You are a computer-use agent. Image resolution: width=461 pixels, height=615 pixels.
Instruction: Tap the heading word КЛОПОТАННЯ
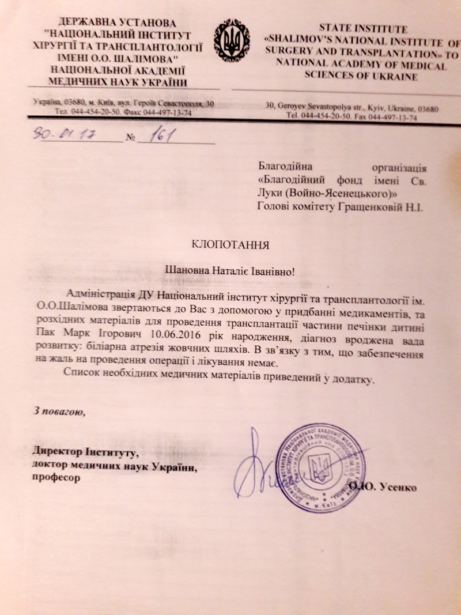[x=231, y=244]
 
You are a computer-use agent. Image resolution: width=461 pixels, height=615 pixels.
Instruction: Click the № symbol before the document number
[x=130, y=138]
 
